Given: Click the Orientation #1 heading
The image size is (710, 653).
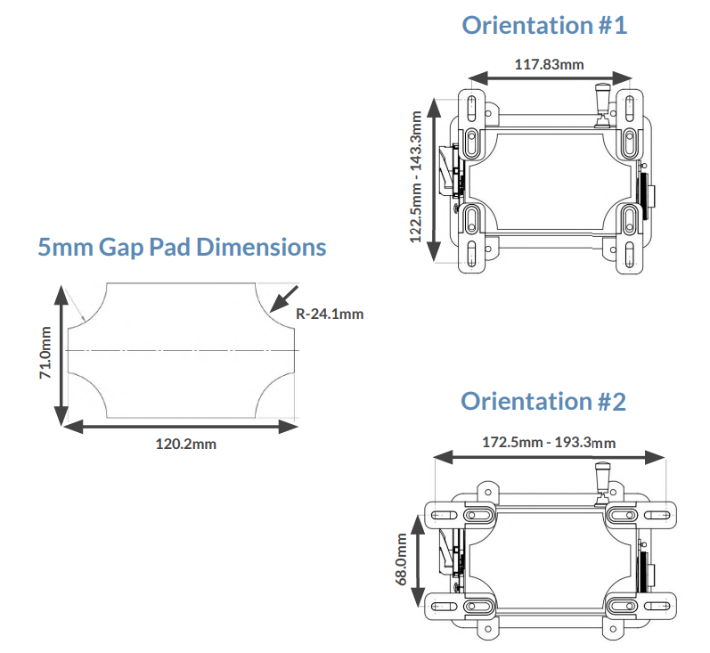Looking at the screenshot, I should pyautogui.click(x=543, y=25).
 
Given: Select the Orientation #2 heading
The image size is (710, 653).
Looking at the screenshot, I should pyautogui.click(x=543, y=402).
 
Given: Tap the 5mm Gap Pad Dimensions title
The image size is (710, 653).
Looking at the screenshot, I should pyautogui.click(x=182, y=247).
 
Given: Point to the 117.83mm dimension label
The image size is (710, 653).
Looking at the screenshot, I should pyautogui.click(x=549, y=64).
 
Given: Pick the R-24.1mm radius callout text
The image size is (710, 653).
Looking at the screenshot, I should pyautogui.click(x=330, y=314).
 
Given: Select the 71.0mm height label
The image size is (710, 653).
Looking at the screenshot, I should pyautogui.click(x=46, y=352).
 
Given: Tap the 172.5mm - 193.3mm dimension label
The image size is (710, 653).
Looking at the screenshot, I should pyautogui.click(x=550, y=441).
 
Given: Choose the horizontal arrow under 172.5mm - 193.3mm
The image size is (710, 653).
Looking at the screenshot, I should pyautogui.click(x=550, y=456).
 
